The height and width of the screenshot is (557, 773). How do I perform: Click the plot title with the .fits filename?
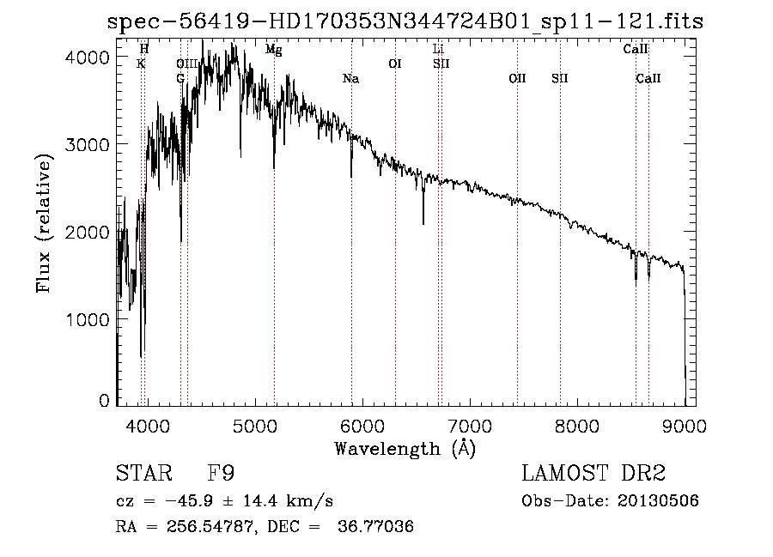pyautogui.click(x=405, y=21)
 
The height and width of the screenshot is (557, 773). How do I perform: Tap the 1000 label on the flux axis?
pyautogui.click(x=87, y=319)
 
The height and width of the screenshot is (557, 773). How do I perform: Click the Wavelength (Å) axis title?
pyautogui.click(x=405, y=448)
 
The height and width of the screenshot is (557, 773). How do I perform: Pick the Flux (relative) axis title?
pyautogui.click(x=44, y=222)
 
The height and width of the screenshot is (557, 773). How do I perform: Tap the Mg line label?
pyautogui.click(x=273, y=50)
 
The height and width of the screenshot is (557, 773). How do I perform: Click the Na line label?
pyautogui.click(x=350, y=79)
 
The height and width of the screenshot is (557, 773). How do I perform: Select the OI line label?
pyautogui.click(x=395, y=64)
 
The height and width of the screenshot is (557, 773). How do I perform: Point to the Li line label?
pyautogui.click(x=438, y=50)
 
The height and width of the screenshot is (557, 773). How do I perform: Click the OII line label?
pyautogui.click(x=517, y=79)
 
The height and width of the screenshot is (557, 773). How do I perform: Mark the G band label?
pyautogui.click(x=180, y=79)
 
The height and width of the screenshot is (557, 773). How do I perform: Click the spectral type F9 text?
pyautogui.click(x=222, y=474)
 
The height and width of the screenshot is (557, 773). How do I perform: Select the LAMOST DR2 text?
pyautogui.click(x=593, y=474)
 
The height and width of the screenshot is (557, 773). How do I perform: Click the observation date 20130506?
pyautogui.click(x=659, y=500)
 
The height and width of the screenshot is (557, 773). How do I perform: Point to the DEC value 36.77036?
pyautogui.click(x=380, y=526)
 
